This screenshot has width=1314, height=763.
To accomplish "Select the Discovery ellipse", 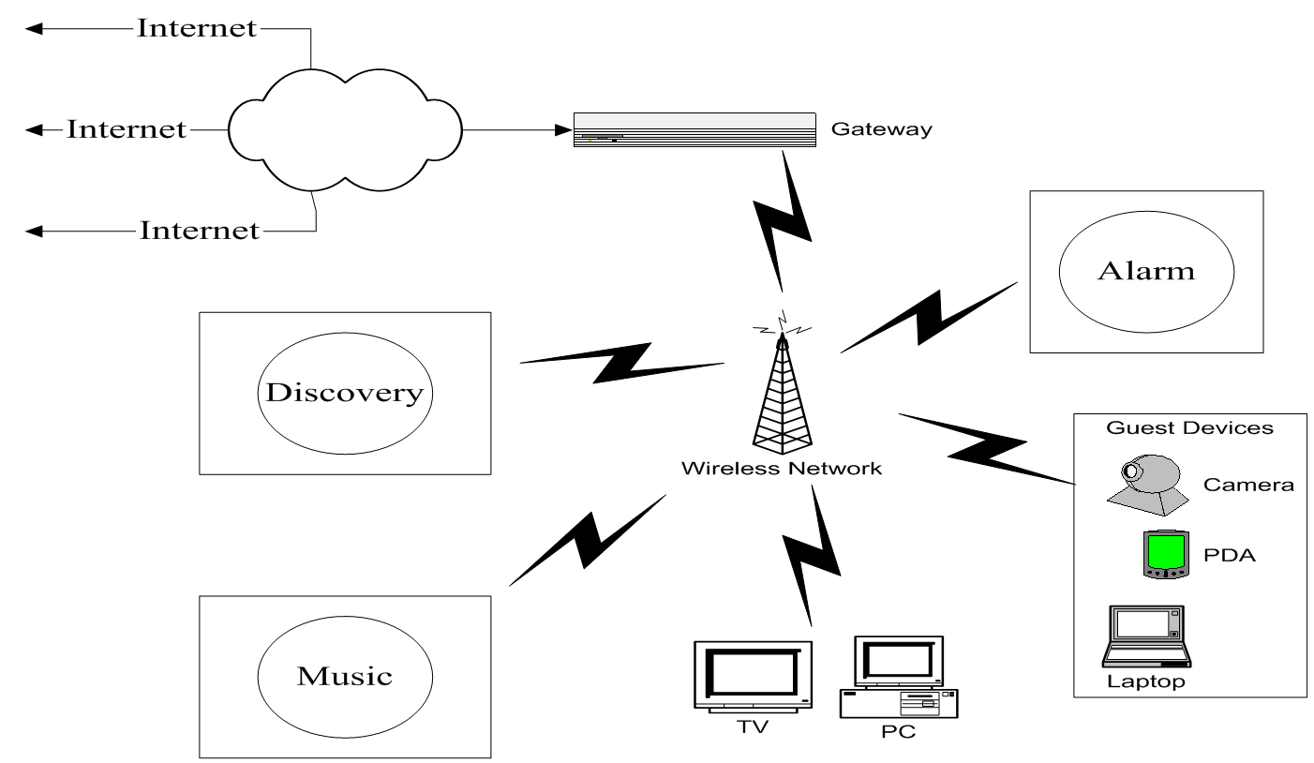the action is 344,392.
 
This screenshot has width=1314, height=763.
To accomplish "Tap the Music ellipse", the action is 344,675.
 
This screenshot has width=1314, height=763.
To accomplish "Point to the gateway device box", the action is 694,129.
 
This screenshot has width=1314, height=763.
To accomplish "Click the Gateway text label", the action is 881,129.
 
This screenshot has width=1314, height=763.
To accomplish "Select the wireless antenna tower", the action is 782,389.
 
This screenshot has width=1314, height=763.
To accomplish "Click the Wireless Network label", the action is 782,468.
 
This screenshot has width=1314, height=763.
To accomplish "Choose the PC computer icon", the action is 898,677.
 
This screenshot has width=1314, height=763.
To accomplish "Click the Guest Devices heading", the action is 1189,428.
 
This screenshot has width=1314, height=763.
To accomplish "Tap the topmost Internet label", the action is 197,28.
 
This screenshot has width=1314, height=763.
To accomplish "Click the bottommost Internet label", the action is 199,229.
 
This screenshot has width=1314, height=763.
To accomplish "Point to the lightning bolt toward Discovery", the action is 622,363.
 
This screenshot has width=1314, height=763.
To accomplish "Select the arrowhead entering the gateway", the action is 565,129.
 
